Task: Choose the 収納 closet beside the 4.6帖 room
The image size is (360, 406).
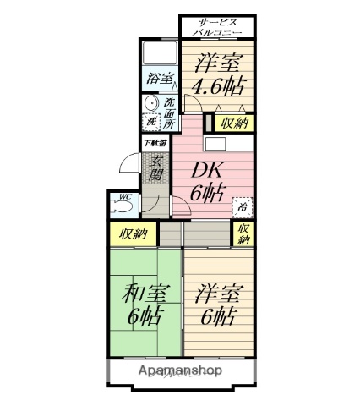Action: pos(233,123)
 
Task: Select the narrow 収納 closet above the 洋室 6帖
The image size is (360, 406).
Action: pos(243,234)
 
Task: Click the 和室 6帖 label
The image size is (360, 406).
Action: pos(145,305)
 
